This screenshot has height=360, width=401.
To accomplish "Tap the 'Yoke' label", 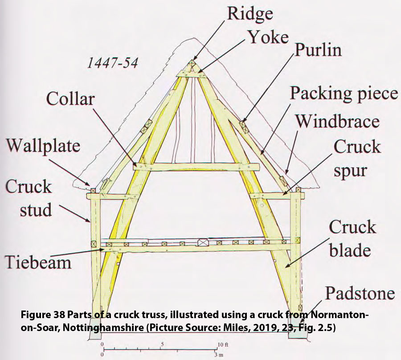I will [x=268, y=38].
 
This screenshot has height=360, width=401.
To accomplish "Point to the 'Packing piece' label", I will [x=344, y=94].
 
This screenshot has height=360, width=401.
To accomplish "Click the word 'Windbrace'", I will [x=338, y=121].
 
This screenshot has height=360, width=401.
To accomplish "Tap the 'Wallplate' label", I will [x=43, y=145].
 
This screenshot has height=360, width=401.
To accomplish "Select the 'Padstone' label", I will [x=360, y=294].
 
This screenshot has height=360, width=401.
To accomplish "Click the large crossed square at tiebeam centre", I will [x=203, y=243].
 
